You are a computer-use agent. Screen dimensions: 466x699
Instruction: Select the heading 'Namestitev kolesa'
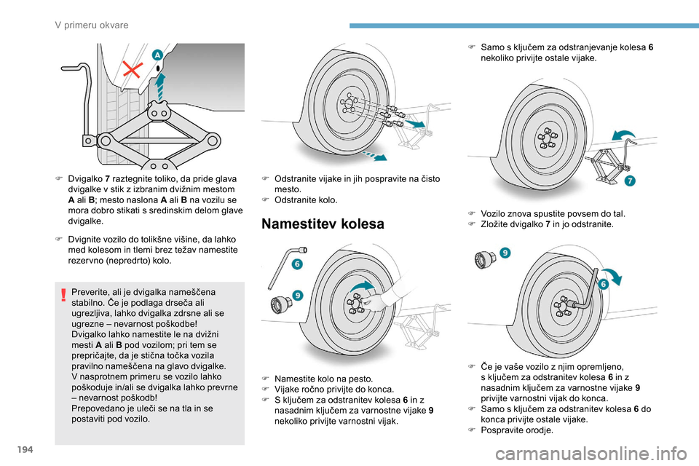(x=322, y=224)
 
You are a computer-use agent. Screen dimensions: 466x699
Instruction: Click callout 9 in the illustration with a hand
(x=298, y=295)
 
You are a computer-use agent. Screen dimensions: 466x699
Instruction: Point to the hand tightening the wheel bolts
(x=382, y=298)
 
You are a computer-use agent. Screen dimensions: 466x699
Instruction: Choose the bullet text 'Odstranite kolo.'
(x=309, y=200)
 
